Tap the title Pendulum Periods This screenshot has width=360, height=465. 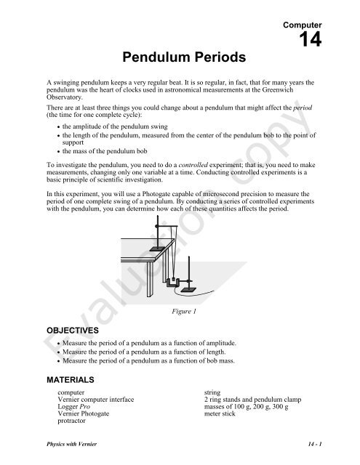[x=180, y=55]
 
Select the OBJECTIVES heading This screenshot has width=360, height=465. [x=69, y=328]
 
